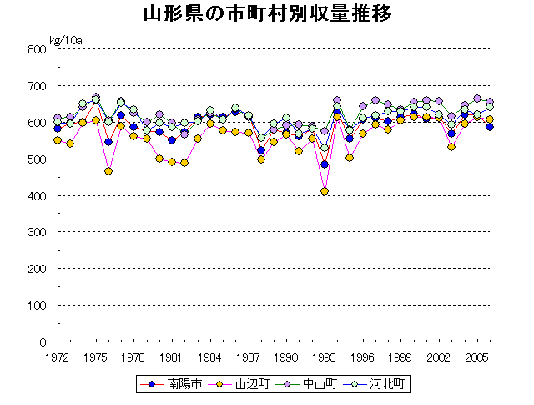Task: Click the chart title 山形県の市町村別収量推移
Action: [x=267, y=15]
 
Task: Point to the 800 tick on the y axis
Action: [x=36, y=49]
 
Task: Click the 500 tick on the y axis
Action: [x=36, y=159]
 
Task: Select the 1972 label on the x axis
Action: [x=58, y=357]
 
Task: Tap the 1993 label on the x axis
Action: [x=325, y=357]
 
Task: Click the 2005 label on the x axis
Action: [x=477, y=357]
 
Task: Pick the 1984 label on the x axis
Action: [x=210, y=357]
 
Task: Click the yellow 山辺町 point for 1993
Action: [x=325, y=191]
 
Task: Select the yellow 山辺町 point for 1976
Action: [x=108, y=171]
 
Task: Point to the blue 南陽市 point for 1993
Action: [x=325, y=165]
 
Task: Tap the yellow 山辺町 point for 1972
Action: [x=58, y=140]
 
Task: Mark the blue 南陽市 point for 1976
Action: [x=108, y=142]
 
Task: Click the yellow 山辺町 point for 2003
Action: [x=451, y=147]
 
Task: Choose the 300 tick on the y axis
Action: [x=36, y=232]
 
